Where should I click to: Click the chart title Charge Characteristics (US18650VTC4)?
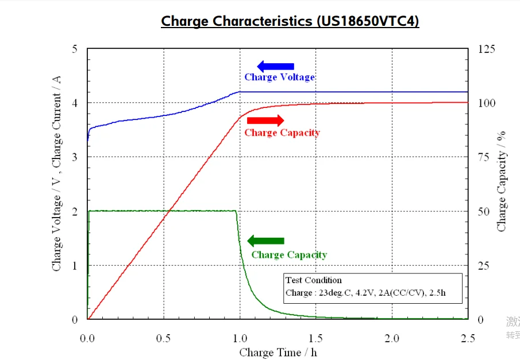click(x=290, y=21)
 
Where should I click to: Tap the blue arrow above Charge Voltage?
click(x=275, y=66)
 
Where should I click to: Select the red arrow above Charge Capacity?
click(x=265, y=120)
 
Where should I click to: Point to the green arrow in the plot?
click(x=265, y=241)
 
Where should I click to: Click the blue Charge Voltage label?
click(x=279, y=77)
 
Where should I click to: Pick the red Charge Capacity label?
click(x=282, y=133)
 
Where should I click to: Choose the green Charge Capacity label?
click(x=289, y=255)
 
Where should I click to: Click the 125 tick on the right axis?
click(x=487, y=49)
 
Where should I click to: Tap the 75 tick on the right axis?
click(x=484, y=157)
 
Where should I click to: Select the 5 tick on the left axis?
click(x=74, y=49)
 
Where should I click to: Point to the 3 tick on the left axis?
click(x=74, y=157)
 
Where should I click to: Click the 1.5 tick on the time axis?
click(x=315, y=338)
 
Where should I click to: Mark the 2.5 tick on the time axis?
click(x=468, y=338)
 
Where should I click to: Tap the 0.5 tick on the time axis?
click(x=163, y=338)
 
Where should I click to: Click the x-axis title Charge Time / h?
click(x=278, y=352)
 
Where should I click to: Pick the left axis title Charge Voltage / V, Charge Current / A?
click(x=56, y=184)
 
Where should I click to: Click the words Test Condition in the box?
click(x=314, y=280)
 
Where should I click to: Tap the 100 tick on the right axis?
click(x=487, y=103)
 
